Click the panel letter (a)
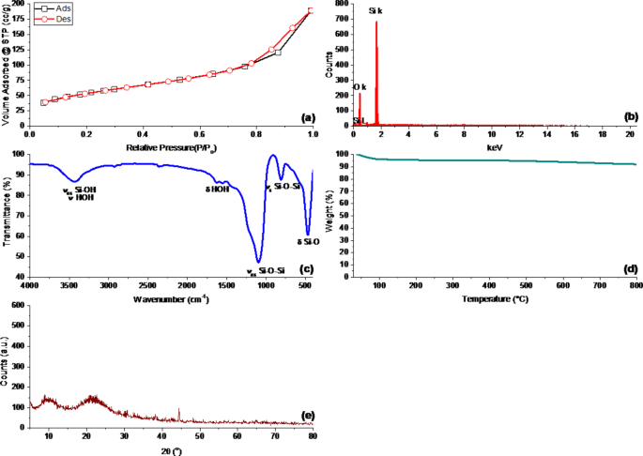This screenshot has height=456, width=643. (306, 119)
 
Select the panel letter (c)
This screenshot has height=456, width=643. (306, 270)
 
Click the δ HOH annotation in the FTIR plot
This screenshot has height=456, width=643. (218, 189)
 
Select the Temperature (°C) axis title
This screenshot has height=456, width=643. (496, 300)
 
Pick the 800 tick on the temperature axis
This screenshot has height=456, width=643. (635, 285)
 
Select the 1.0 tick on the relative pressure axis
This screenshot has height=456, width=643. (310, 136)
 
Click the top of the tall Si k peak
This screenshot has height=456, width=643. (376, 22)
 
